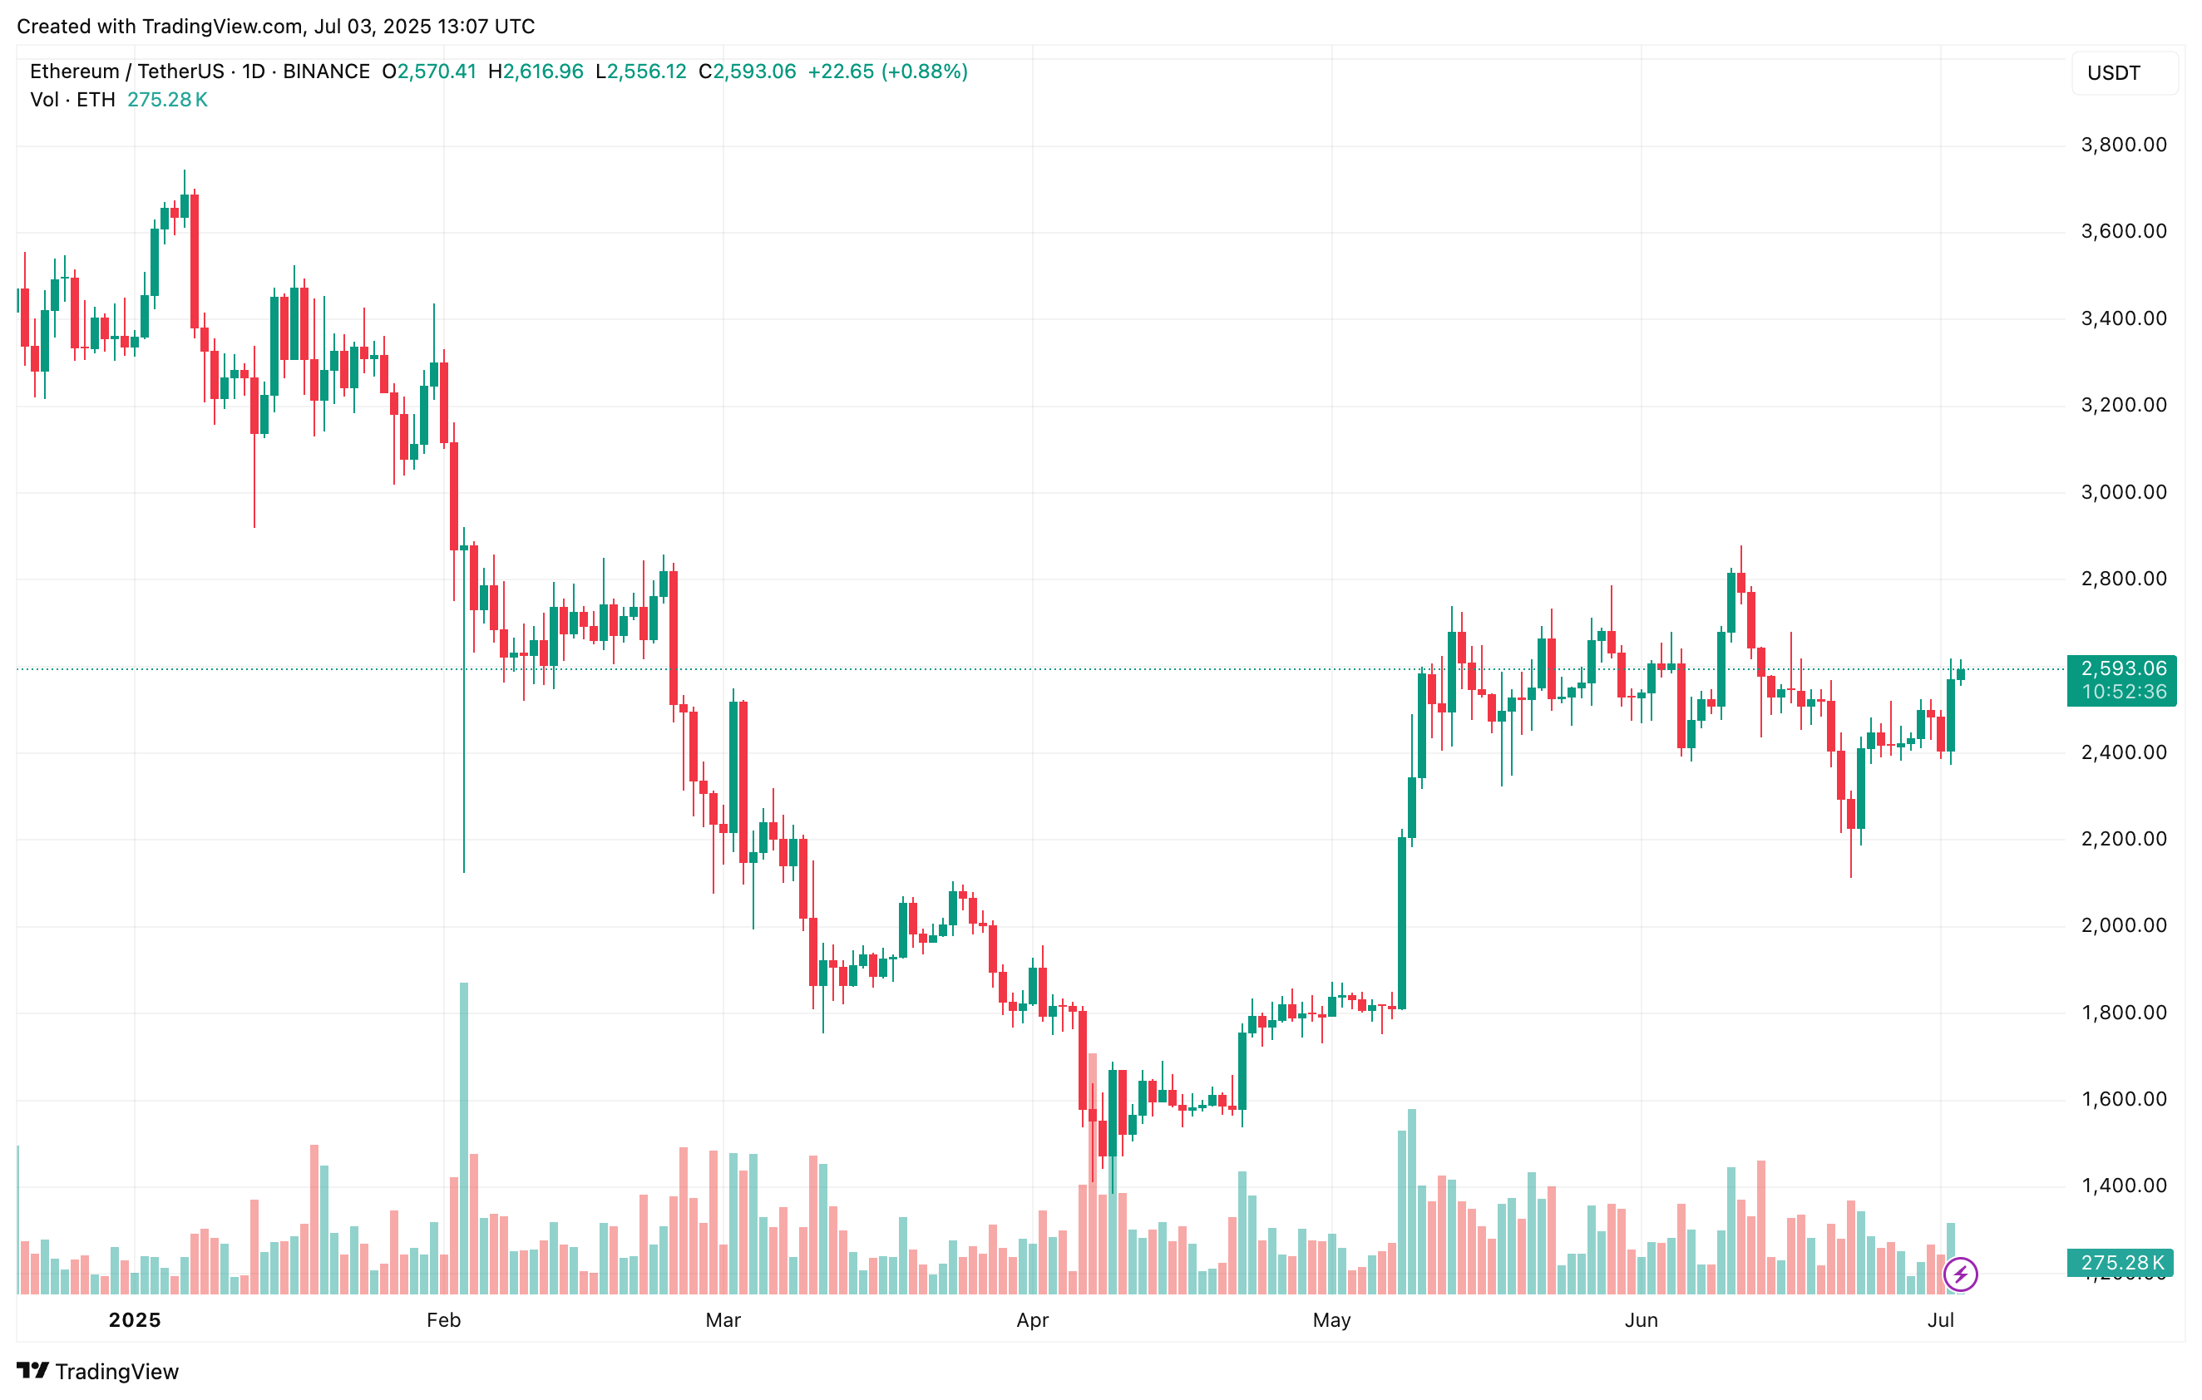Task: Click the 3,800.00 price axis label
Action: click(x=2122, y=145)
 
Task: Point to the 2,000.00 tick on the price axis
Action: click(x=2122, y=925)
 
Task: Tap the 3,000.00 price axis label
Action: click(x=2122, y=492)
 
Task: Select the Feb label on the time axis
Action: click(x=443, y=1319)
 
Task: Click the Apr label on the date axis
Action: click(x=1033, y=1319)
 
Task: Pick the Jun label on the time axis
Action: click(x=1641, y=1319)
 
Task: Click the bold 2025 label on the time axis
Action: click(x=135, y=1319)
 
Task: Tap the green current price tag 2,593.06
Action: click(x=2122, y=668)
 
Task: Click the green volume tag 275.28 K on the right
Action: click(x=2121, y=1263)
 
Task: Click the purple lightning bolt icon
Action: click(x=1961, y=1274)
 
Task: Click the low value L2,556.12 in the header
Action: click(x=640, y=71)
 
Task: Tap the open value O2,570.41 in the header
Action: click(x=429, y=71)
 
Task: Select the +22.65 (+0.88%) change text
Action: click(x=887, y=71)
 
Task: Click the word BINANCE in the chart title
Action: click(x=327, y=71)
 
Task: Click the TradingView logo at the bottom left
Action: click(x=98, y=1371)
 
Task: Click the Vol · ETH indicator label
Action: click(x=72, y=100)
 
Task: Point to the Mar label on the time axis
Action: click(x=723, y=1319)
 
